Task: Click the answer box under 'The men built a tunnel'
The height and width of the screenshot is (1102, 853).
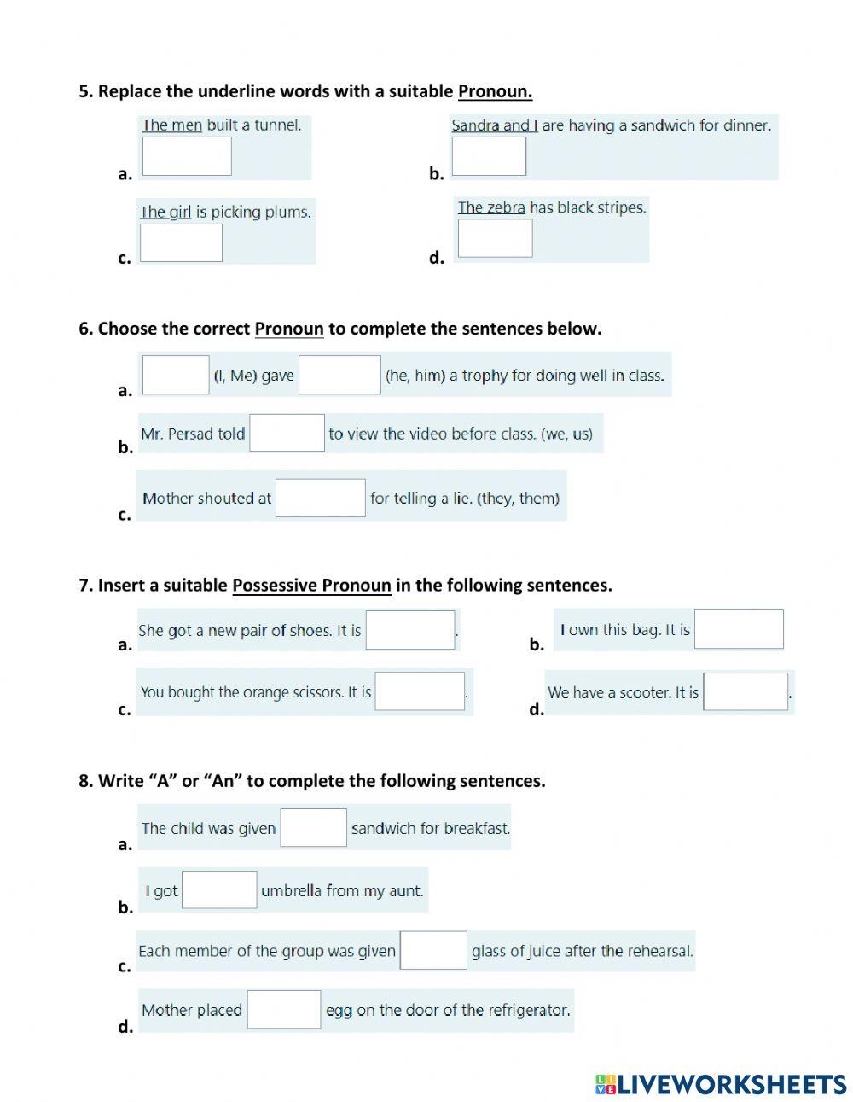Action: [187, 156]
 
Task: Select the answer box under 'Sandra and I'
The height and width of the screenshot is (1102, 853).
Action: [489, 156]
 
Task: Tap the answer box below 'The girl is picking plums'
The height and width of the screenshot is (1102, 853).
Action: [181, 242]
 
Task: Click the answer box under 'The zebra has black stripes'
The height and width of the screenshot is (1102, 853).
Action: [495, 238]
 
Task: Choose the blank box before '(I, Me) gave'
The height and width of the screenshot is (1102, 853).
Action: [176, 375]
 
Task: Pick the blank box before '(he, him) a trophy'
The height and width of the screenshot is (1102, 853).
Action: [339, 375]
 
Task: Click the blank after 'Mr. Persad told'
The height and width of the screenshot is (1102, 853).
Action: [287, 433]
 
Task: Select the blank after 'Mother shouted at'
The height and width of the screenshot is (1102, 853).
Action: [321, 498]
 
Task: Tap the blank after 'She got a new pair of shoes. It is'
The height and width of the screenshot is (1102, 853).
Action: [410, 630]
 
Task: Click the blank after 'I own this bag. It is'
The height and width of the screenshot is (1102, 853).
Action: [739, 629]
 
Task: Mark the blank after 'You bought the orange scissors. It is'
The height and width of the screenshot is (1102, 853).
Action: [420, 691]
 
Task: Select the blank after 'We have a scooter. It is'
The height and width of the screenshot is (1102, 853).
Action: [746, 691]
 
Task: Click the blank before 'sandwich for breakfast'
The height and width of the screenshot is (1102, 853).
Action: [313, 827]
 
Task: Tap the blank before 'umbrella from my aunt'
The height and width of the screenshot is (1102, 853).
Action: [219, 889]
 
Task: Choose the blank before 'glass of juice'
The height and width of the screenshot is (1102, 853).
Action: [433, 950]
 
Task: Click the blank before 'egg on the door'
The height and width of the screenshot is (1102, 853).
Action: [284, 1009]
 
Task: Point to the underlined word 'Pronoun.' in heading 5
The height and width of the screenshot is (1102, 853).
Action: [495, 91]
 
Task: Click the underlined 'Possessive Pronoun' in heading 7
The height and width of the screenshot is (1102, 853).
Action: [311, 586]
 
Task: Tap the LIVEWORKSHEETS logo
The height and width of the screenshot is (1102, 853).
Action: [721, 1084]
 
